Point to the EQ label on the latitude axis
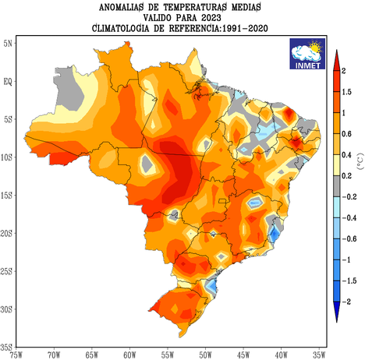coord(9,80)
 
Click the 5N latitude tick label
coord(9,42)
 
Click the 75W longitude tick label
coord(15,355)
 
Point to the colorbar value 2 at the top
coord(345,70)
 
